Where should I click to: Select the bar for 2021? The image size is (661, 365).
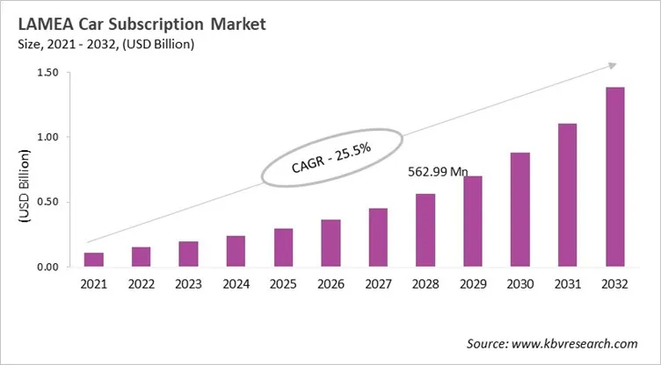tap(94, 260)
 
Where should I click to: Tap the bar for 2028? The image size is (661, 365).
tap(425, 230)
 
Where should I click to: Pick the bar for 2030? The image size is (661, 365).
tap(520, 210)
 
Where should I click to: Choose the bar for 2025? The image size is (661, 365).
tap(284, 247)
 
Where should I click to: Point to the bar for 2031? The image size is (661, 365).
tap(568, 195)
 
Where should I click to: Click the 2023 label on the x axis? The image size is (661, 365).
tap(189, 285)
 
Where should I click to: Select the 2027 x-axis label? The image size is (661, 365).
tap(378, 285)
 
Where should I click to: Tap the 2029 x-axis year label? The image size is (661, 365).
tap(473, 285)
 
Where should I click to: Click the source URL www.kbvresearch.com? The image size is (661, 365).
tap(580, 344)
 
